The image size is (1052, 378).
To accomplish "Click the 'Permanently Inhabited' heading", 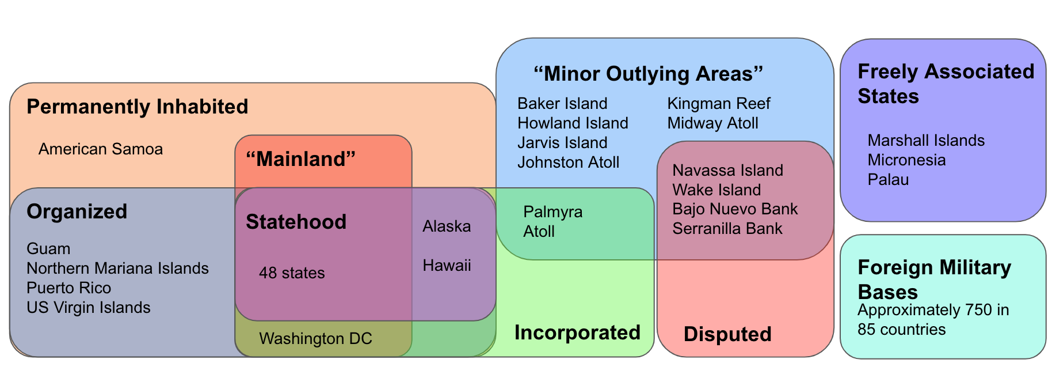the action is (137, 107).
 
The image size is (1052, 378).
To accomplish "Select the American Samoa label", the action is (101, 149).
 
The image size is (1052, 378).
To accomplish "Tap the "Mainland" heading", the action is (300, 159).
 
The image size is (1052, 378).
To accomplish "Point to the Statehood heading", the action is (296, 222).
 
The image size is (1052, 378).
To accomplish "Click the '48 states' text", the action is (292, 273).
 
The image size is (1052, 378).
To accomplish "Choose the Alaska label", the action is (447, 226).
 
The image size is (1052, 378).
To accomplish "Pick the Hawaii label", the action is (447, 266).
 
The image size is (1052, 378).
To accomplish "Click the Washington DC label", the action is (315, 339).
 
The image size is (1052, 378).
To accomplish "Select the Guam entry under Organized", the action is (48, 249).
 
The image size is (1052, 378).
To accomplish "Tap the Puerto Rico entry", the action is (68, 288).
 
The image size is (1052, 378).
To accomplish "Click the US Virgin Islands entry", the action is (88, 308).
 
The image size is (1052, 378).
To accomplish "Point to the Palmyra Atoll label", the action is (552, 222).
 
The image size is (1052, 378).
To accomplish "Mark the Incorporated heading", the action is (577, 333).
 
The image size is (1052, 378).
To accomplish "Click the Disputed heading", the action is (727, 334).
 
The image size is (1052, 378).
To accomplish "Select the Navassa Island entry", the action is (727, 171).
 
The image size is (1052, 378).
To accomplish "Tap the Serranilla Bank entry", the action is (727, 229).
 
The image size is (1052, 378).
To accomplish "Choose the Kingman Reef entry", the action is (718, 104).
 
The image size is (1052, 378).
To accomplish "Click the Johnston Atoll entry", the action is (568, 162).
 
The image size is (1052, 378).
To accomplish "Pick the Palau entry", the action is (888, 180).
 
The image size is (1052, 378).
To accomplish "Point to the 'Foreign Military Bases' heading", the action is (933, 279).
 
